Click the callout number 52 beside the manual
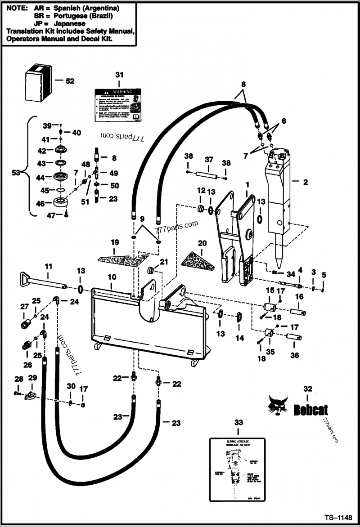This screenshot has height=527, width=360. pyautogui.click(x=70, y=81)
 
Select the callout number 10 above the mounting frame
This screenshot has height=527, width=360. pyautogui.click(x=112, y=278)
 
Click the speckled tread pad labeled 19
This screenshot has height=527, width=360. pyautogui.click(x=122, y=259)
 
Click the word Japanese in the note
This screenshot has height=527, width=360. pyautogui.click(x=70, y=23)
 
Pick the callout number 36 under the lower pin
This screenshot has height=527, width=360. pyautogui.click(x=294, y=355)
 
